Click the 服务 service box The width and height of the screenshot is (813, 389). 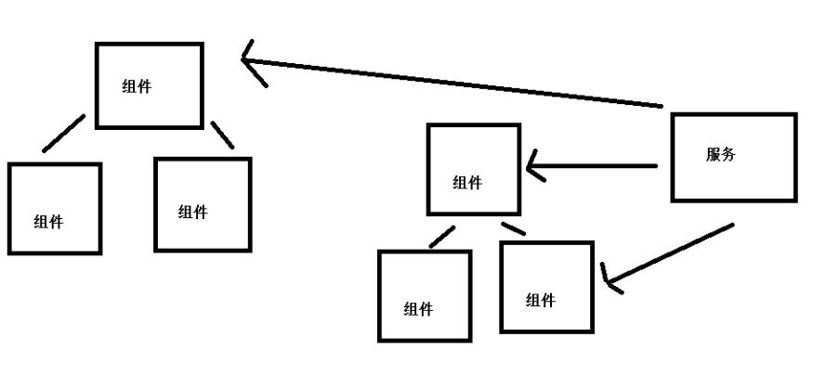[733, 157]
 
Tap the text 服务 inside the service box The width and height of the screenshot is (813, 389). [720, 155]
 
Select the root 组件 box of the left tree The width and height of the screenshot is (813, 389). [150, 85]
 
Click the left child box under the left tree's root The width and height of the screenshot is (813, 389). [54, 208]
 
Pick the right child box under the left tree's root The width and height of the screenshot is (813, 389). [203, 204]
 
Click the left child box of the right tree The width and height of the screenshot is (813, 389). [424, 295]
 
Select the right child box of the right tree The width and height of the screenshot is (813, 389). [546, 287]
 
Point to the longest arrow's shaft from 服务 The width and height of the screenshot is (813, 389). [455, 83]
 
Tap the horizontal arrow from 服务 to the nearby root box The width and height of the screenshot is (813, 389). [595, 168]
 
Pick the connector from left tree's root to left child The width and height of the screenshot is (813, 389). [63, 134]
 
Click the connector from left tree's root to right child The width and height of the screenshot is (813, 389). [222, 135]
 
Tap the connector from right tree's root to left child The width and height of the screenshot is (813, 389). [441, 238]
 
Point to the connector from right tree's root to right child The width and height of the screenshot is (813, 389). [513, 227]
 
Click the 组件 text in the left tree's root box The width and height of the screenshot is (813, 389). [137, 87]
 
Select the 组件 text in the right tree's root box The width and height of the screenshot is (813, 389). [467, 183]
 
